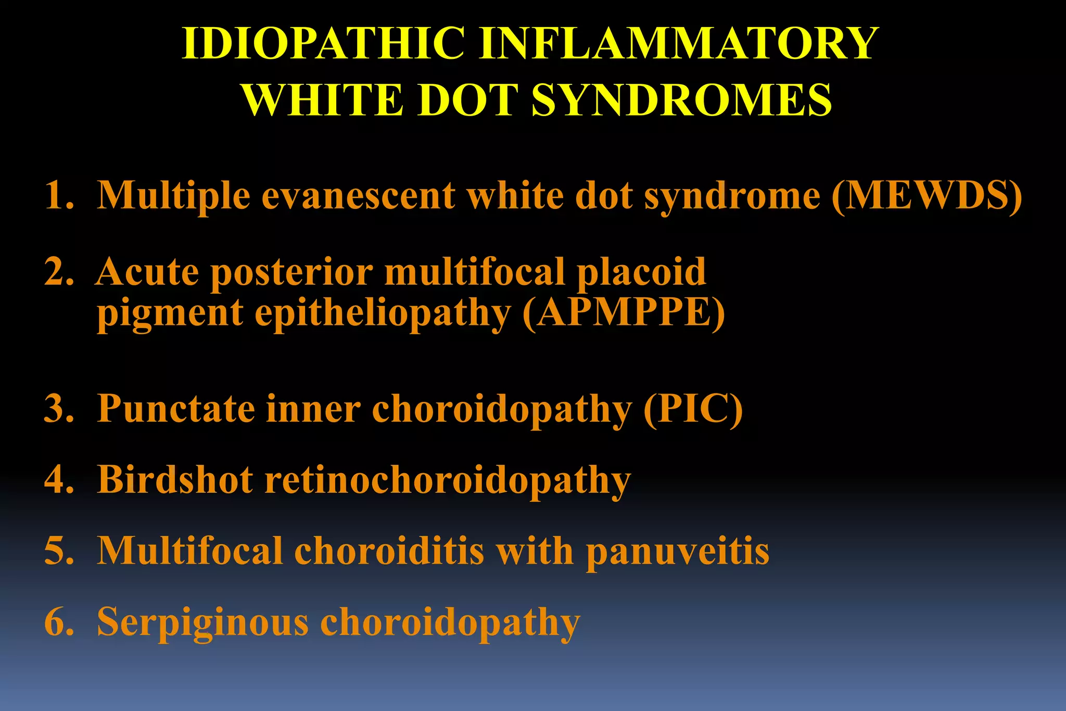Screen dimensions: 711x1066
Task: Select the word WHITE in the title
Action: pyautogui.click(x=323, y=100)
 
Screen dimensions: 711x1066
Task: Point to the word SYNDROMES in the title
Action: pyautogui.click(x=681, y=100)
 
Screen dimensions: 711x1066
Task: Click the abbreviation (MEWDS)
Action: pyautogui.click(x=927, y=196)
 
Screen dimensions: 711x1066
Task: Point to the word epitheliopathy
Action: pyautogui.click(x=383, y=314)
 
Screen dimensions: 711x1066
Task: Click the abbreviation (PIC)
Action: pyautogui.click(x=693, y=409)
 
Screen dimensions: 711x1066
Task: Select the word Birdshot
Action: pyautogui.click(x=175, y=479)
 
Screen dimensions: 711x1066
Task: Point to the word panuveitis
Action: pyautogui.click(x=677, y=551)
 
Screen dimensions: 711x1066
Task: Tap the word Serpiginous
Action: pyautogui.click(x=202, y=623)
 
